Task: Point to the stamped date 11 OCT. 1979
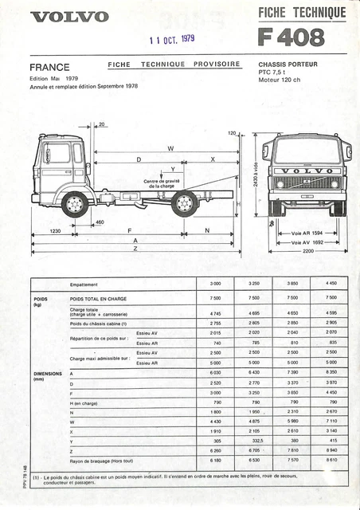(172, 37)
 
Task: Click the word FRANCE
(49, 67)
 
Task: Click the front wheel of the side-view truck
(75, 205)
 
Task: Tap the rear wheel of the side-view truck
(184, 205)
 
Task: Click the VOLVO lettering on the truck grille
(307, 171)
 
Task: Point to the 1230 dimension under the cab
(55, 231)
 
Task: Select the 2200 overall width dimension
(307, 251)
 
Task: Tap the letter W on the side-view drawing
(170, 149)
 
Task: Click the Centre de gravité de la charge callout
(164, 183)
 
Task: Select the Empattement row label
(84, 284)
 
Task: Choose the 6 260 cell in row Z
(215, 450)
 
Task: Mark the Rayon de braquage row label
(101, 460)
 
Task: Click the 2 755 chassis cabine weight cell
(215, 323)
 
